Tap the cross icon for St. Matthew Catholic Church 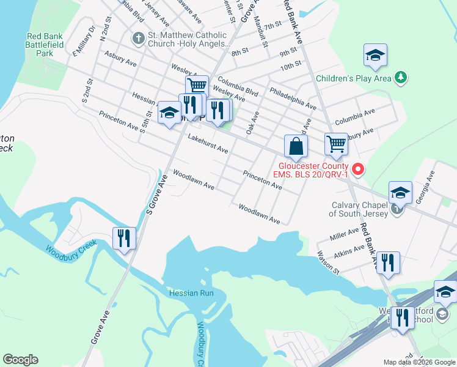138,39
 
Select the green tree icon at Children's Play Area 400,78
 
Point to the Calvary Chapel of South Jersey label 358,209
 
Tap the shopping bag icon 296,147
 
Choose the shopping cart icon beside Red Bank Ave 336,144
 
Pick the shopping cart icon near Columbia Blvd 197,86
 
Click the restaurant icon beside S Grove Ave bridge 125,237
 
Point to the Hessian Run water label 191,293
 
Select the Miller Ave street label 344,233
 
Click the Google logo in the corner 20,360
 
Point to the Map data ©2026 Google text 419,362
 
